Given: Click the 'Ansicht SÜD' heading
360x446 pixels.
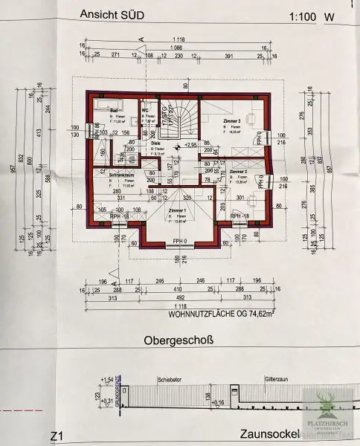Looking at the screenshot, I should [x=112, y=15].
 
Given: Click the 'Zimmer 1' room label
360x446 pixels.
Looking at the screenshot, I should [x=177, y=211].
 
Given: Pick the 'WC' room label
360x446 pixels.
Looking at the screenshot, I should [x=145, y=109].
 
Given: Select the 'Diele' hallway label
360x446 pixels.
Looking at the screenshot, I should [x=156, y=144].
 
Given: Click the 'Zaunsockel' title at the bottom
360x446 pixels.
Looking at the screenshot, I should [x=269, y=434].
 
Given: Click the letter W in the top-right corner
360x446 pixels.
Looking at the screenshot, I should [x=327, y=16].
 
